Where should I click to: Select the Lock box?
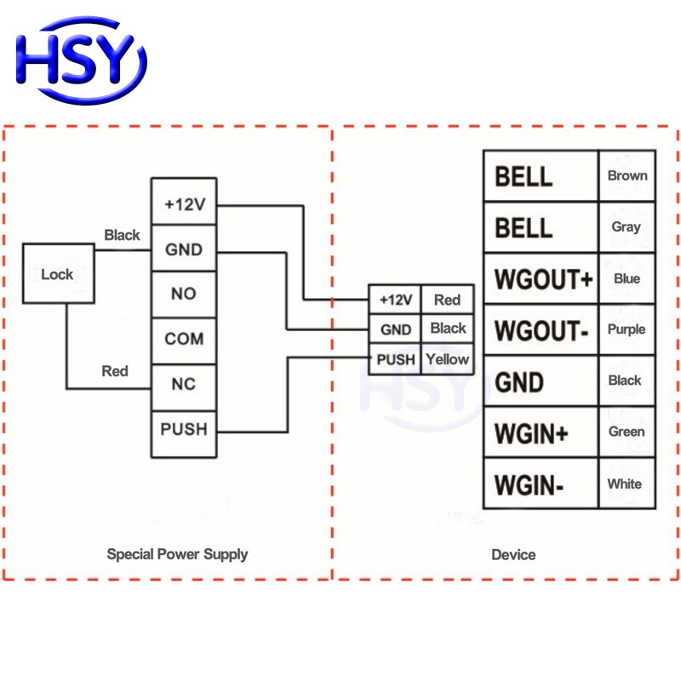pyautogui.click(x=57, y=274)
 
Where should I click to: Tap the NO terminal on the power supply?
pyautogui.click(x=184, y=294)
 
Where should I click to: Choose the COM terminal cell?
pyautogui.click(x=184, y=339)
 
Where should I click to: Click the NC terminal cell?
pyautogui.click(x=184, y=384)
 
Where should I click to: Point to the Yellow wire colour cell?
pyautogui.click(x=447, y=359)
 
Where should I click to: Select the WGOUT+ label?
pyautogui.click(x=542, y=279)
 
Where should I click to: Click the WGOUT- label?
pyautogui.click(x=541, y=330)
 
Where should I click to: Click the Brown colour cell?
pyautogui.click(x=627, y=176)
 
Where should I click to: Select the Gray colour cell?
pyautogui.click(x=627, y=227)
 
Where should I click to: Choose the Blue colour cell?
pyautogui.click(x=627, y=278)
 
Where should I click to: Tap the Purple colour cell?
pyautogui.click(x=627, y=329)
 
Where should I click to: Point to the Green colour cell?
pyautogui.click(x=627, y=432)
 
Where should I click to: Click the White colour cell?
pyautogui.click(x=625, y=484)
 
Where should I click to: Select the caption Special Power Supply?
pyautogui.click(x=177, y=554)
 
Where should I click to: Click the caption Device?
pyautogui.click(x=513, y=555)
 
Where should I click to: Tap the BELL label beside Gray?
pyautogui.click(x=524, y=228)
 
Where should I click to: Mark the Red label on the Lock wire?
pyautogui.click(x=115, y=371)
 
